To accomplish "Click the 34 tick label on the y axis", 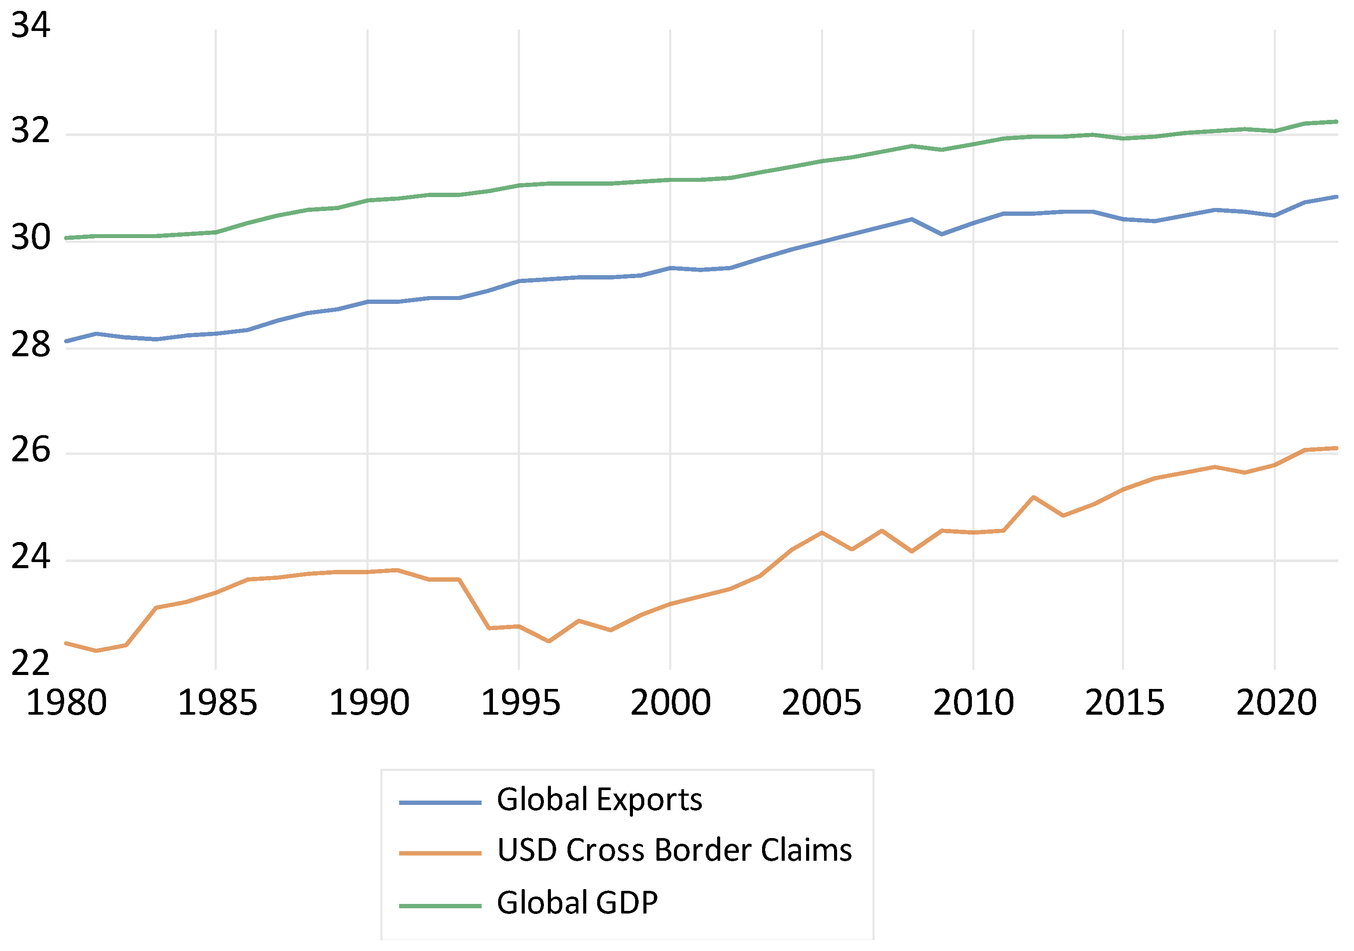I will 31,26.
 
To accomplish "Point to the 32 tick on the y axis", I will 31,131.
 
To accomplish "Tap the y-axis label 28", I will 31,345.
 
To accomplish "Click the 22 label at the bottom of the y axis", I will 31,663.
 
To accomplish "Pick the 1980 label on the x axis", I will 66,703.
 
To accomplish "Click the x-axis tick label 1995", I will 520,703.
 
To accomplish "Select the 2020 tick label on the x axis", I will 1276,703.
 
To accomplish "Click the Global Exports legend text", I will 599,800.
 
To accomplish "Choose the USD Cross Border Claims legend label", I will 674,850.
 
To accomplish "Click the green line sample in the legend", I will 440,906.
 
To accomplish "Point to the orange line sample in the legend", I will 440,853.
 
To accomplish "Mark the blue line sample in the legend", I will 440,802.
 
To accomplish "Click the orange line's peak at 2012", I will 1033,497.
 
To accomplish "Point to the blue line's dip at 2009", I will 942,234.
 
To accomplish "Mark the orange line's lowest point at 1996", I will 549,641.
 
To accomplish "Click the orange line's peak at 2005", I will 821,532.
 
